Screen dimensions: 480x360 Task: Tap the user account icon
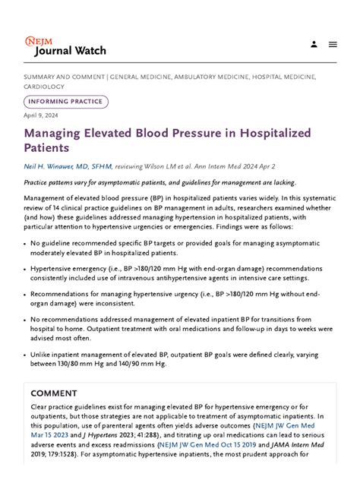click(314, 44)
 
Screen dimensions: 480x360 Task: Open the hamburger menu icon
click(333, 44)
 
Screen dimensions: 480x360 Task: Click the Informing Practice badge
click(67, 101)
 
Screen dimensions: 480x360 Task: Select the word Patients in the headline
click(46, 147)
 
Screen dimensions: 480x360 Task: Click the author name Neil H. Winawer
click(68, 166)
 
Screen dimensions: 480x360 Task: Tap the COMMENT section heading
click(54, 393)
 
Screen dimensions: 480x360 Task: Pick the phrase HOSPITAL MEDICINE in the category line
click(283, 77)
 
